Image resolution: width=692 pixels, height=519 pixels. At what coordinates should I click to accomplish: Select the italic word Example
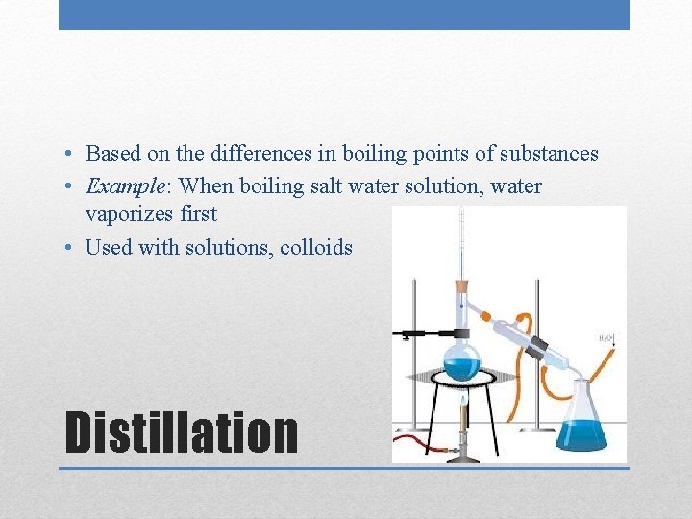120,185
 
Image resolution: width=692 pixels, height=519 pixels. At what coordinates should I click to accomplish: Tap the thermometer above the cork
460,240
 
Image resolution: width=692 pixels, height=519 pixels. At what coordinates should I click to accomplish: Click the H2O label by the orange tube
607,338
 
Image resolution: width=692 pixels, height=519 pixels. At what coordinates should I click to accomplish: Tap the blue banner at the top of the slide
344,14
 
